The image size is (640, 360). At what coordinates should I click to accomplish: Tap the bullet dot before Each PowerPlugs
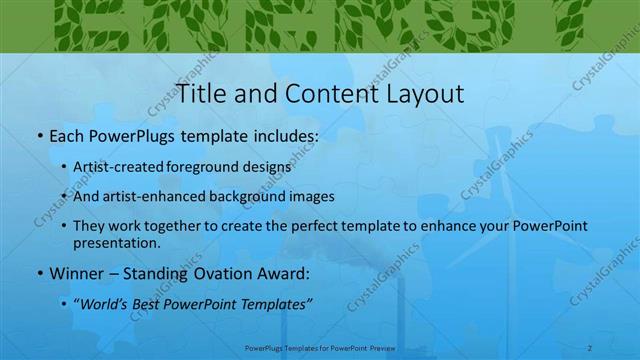coord(38,135)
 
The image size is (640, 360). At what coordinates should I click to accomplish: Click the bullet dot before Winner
coord(38,273)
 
